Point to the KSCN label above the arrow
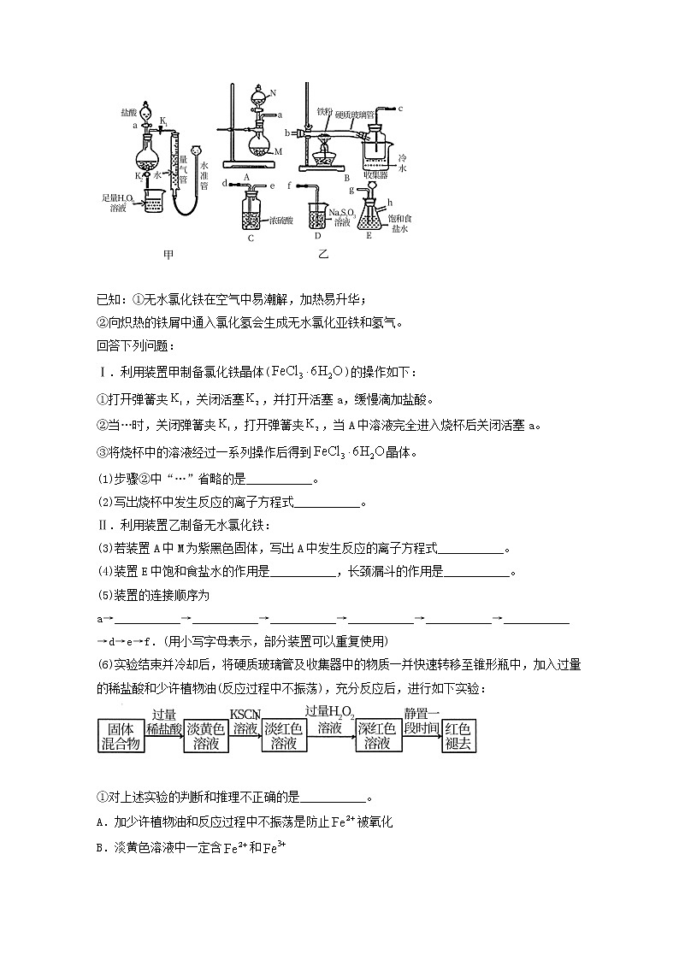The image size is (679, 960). [245, 715]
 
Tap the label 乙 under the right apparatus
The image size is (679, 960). [323, 254]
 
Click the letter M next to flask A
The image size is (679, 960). [279, 150]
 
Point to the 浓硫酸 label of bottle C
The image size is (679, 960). [283, 221]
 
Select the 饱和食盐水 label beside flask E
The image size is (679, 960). [399, 224]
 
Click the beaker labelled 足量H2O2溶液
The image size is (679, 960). [152, 205]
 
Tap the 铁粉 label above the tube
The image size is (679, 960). [323, 111]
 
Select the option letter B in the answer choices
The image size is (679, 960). [100, 848]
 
